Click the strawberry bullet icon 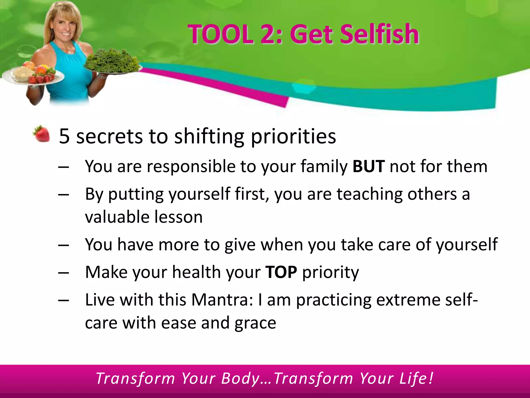[x=41, y=134]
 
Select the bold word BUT [x=369, y=166]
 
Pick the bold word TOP [x=281, y=272]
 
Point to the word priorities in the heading [x=293, y=137]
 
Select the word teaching [x=370, y=194]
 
